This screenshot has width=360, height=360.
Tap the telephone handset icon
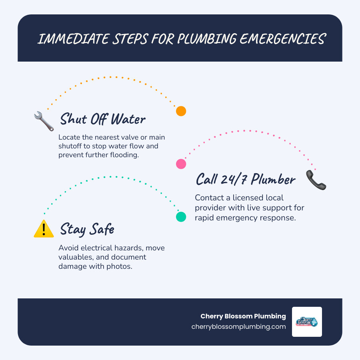pos(316,180)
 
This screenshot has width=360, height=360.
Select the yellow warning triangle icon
pos(44,229)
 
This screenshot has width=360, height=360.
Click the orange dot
pos(181,111)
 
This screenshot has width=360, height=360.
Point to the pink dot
pos(181,164)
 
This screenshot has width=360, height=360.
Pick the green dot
pos(181,217)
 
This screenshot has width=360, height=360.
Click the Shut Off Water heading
pos(103,120)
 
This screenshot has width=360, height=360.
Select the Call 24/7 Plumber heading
pos(245,180)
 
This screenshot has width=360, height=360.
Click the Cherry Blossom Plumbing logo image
pos(307,322)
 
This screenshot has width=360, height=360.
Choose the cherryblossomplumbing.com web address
pos(239,326)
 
